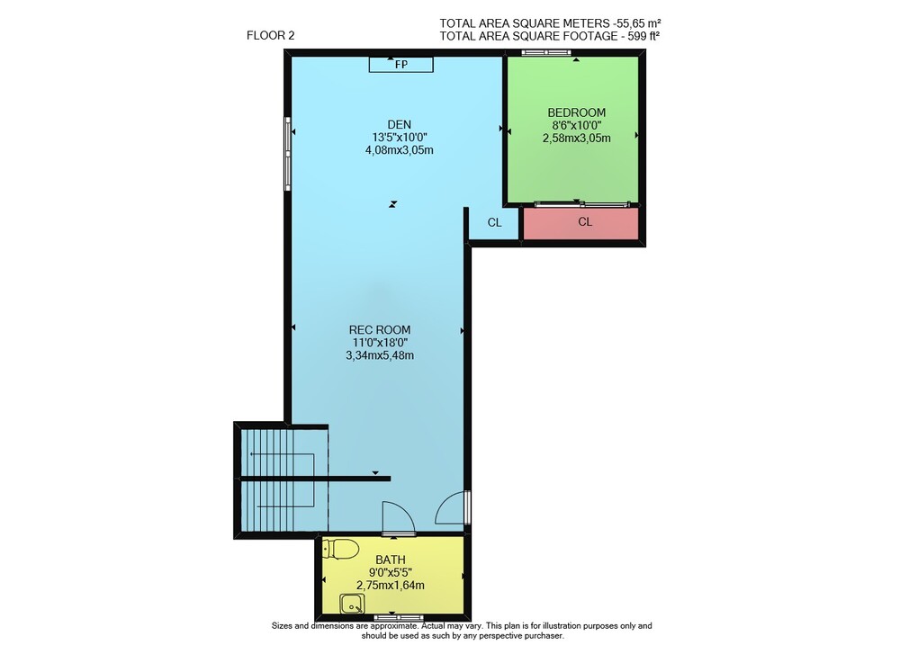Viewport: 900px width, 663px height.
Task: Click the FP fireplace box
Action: click(400, 64)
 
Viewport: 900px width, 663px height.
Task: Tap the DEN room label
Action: click(399, 124)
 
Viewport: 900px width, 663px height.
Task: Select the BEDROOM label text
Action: click(576, 112)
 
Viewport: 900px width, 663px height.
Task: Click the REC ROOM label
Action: click(380, 330)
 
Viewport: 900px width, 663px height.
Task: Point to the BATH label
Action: click(391, 560)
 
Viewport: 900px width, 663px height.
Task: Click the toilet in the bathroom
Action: click(340, 549)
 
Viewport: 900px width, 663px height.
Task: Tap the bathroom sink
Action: click(352, 604)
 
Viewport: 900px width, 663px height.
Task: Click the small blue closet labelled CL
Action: click(494, 223)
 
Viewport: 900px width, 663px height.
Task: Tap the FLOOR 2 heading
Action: click(270, 36)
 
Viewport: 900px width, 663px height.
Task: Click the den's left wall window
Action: click(288, 154)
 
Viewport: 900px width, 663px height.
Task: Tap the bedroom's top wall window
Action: click(546, 53)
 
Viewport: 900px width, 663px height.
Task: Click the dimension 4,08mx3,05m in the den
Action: click(399, 150)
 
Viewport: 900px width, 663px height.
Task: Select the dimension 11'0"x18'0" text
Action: click(380, 343)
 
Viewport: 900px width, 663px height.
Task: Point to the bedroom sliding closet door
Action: click(582, 203)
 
